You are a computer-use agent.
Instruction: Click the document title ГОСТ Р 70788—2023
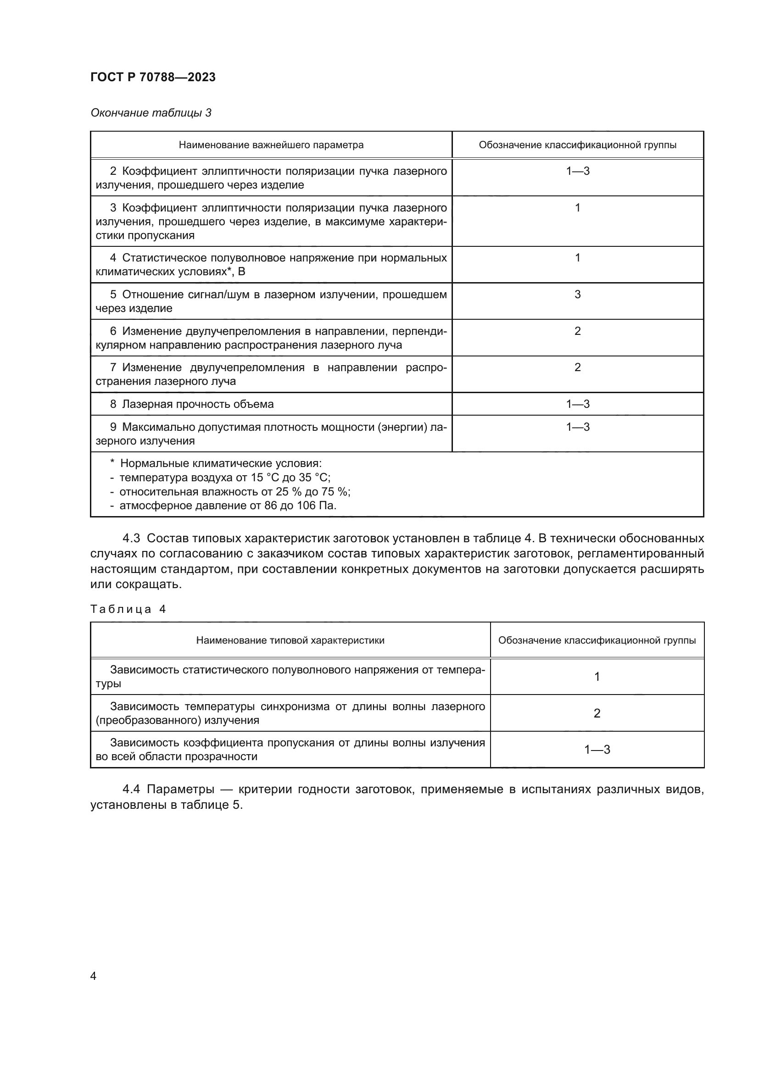click(x=153, y=77)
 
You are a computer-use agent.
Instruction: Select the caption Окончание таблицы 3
click(x=151, y=113)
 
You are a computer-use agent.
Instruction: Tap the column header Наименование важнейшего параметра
click(x=271, y=145)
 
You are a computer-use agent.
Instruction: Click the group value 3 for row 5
click(x=578, y=295)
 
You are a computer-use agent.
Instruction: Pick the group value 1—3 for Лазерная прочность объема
click(x=578, y=404)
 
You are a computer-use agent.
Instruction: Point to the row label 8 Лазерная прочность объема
click(x=192, y=404)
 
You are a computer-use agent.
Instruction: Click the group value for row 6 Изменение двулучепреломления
click(x=578, y=331)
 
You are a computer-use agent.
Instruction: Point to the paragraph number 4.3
click(x=131, y=539)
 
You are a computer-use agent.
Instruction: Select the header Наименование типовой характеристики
click(x=290, y=640)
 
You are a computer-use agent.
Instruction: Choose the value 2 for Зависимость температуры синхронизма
click(x=597, y=713)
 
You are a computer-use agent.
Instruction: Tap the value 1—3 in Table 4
click(x=597, y=750)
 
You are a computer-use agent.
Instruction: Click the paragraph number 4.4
click(x=131, y=789)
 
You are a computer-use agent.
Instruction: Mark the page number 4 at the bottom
click(x=93, y=976)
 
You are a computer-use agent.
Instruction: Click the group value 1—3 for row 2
click(x=578, y=171)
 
